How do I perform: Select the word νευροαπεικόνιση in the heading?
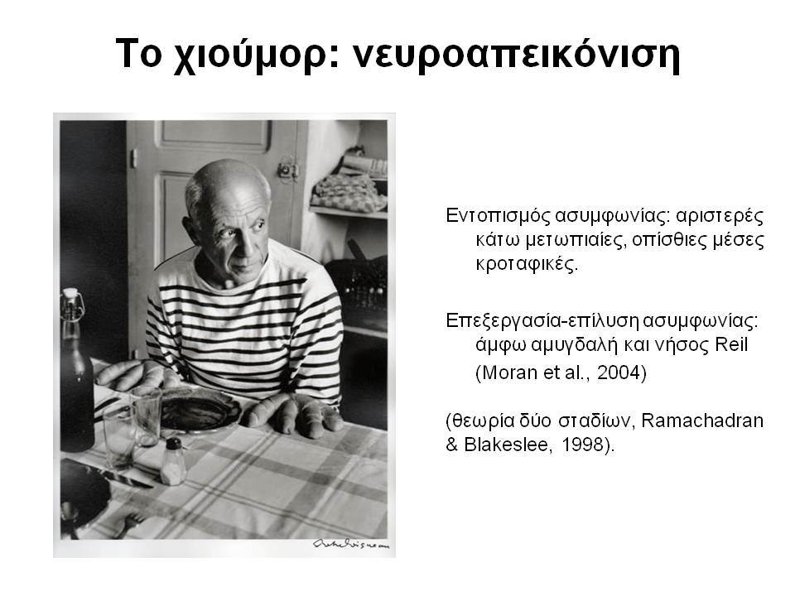click(x=516, y=55)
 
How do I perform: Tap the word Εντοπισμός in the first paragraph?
click(x=498, y=216)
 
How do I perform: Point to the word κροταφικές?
click(x=527, y=264)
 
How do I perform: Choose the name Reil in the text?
click(x=731, y=344)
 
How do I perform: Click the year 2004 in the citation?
click(x=619, y=372)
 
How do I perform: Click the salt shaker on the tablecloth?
click(x=173, y=461)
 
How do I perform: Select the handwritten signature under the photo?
click(x=351, y=545)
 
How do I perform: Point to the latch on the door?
click(x=288, y=171)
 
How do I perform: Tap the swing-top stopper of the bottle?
click(x=72, y=303)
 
